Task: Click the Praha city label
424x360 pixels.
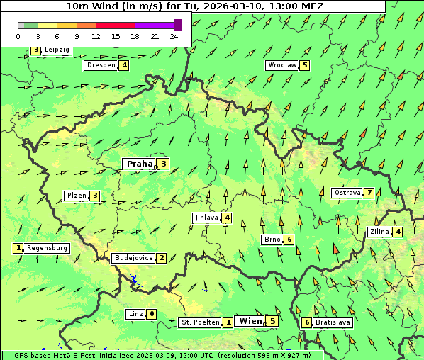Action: point(139,164)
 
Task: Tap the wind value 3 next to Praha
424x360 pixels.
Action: point(163,164)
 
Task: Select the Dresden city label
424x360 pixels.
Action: point(100,65)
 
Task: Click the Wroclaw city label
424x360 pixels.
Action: point(281,65)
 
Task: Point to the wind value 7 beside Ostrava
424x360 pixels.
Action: point(369,193)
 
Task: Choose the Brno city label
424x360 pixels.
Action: point(272,240)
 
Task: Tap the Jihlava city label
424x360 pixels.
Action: point(206,218)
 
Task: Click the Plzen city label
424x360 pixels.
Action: point(76,196)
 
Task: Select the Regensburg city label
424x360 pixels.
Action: point(48,248)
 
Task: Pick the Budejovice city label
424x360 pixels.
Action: point(133,258)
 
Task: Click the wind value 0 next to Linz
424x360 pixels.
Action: point(152,314)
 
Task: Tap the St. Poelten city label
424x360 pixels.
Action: point(200,322)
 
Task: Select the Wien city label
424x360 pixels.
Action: point(250,321)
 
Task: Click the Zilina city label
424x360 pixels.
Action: point(380,232)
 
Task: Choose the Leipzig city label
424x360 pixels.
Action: point(57,50)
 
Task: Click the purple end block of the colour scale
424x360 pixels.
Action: point(177,25)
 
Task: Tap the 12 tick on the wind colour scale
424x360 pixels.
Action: point(96,36)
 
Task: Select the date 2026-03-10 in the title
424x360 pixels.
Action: point(235,6)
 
